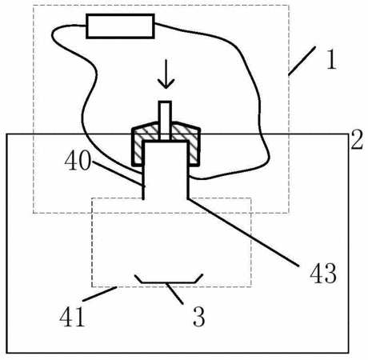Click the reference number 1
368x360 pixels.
(332, 58)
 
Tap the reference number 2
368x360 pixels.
(357, 139)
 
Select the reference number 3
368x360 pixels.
(199, 317)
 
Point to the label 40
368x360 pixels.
(78, 162)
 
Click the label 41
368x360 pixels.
(72, 317)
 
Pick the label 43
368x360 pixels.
(323, 273)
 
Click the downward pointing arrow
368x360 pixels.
(166, 74)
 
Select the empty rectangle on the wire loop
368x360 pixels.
(120, 26)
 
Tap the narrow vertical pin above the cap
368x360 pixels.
(165, 120)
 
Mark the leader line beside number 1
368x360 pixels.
(302, 61)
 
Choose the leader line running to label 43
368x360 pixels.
(242, 232)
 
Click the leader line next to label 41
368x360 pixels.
(100, 294)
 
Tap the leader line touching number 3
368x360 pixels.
(174, 294)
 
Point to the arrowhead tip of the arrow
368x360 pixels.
(166, 89)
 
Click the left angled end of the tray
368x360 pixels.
(138, 278)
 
